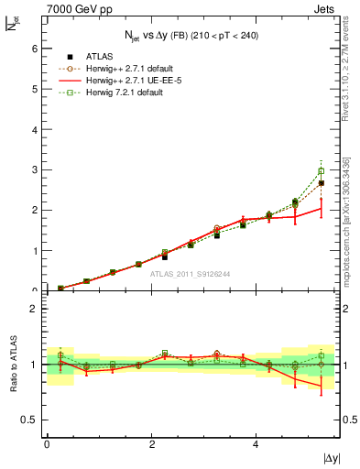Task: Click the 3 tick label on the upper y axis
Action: coord(35,169)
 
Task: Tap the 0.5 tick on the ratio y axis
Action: coord(31,420)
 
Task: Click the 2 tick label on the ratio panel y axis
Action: coord(35,309)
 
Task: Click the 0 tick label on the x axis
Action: coord(47,444)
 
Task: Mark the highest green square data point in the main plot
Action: coord(321,170)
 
